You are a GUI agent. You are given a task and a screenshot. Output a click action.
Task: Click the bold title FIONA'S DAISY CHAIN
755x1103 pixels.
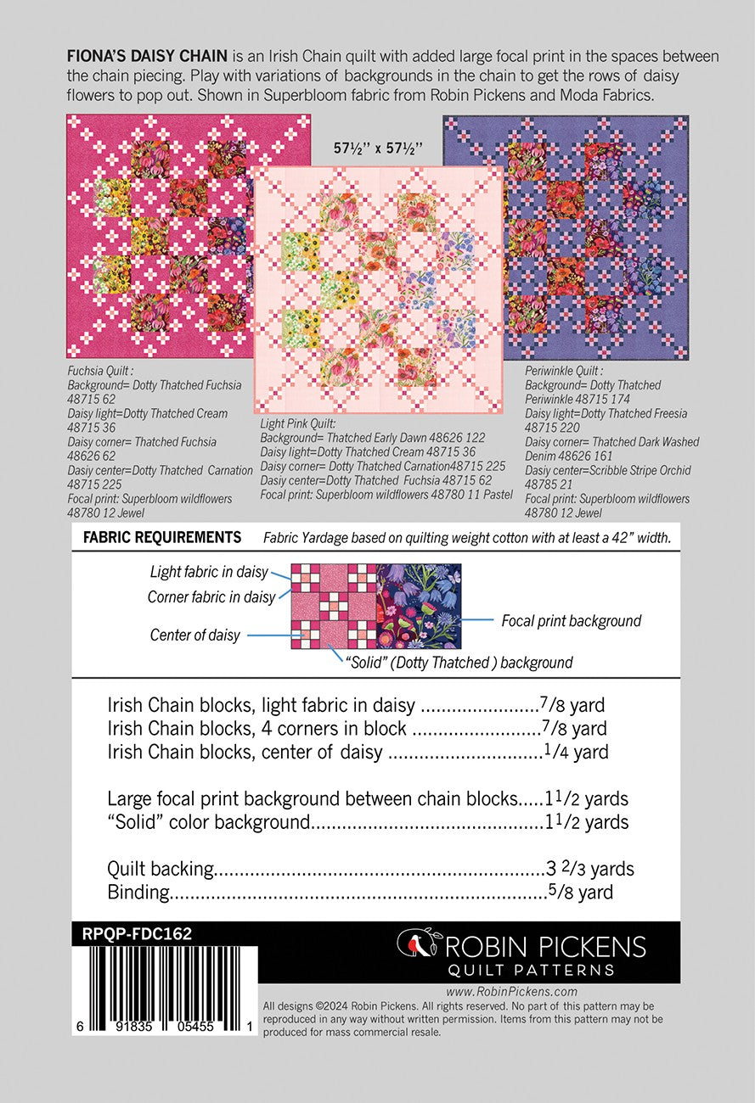[x=146, y=57]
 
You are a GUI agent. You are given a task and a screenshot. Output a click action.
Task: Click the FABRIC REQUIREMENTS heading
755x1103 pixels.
[x=162, y=537]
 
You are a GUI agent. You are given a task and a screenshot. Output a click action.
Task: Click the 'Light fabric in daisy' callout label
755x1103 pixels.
[x=209, y=573]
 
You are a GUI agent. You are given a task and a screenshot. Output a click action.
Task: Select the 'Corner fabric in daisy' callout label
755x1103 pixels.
[x=211, y=597]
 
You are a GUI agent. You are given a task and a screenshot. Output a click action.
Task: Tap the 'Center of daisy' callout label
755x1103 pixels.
[x=195, y=635]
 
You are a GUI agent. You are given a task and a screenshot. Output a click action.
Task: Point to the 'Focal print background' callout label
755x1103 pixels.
[x=571, y=621]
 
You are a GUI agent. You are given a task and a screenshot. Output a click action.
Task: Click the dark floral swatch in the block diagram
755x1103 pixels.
[x=419, y=606]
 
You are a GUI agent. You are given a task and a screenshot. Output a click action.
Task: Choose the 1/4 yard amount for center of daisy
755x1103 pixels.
[x=575, y=752]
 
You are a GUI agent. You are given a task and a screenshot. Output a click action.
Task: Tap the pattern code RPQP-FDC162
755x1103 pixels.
[x=138, y=933]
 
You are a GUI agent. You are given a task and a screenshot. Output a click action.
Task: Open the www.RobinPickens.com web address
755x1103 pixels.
[x=511, y=991]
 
